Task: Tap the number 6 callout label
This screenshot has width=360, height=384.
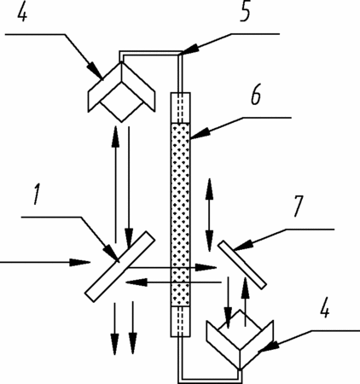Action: point(256,96)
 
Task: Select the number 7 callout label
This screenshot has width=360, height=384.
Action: point(298,207)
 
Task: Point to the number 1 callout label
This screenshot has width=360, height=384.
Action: point(37,195)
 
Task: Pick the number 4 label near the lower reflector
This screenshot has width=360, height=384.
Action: point(324,307)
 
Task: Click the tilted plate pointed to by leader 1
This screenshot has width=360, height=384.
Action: point(119,266)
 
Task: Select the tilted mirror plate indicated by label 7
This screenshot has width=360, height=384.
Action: point(242,265)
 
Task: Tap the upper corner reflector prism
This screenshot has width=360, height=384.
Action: point(122,91)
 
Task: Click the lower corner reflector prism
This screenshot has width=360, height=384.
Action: point(241,340)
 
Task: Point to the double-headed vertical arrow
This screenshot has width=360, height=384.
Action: point(210,215)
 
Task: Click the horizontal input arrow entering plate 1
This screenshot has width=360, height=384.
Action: point(45,262)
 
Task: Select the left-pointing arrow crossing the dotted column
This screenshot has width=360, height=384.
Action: point(173,282)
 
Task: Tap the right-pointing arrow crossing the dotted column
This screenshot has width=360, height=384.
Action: point(172,267)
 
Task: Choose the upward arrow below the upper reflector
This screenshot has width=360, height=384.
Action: point(115,183)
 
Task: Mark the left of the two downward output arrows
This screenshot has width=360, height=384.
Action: point(114,329)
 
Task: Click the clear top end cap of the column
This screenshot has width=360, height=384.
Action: point(180,108)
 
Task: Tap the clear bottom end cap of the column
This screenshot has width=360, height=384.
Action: point(180,322)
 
